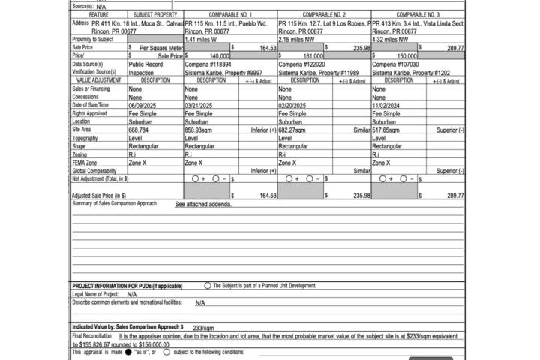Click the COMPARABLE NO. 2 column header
[x=324, y=14]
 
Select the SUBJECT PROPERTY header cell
[x=155, y=14]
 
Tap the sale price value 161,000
[x=313, y=56]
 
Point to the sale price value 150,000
[x=406, y=56]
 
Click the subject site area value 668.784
[x=139, y=130]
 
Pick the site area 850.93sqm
[x=202, y=130]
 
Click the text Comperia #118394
[x=207, y=64]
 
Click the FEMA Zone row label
[x=85, y=163]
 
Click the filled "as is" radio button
[x=128, y=351]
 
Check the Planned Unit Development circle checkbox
[x=208, y=286]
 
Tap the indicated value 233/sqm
[x=203, y=328]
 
